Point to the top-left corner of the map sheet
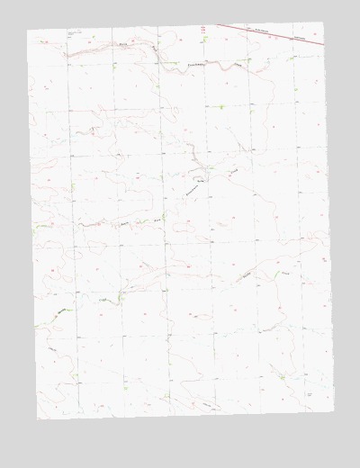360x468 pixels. coord(27,30)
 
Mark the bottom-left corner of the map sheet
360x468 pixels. coord(38,418)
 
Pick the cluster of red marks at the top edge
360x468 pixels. coord(204,30)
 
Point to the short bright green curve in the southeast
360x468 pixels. coord(245,278)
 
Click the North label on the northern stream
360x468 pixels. coord(121,42)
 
